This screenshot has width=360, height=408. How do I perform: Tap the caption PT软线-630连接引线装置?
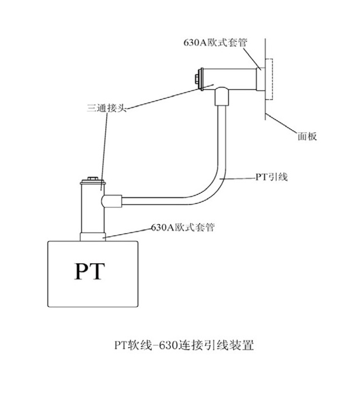[184, 345]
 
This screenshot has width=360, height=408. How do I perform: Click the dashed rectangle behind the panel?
[268, 80]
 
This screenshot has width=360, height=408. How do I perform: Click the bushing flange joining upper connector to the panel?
[259, 80]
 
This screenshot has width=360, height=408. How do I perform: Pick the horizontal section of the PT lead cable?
[157, 197]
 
